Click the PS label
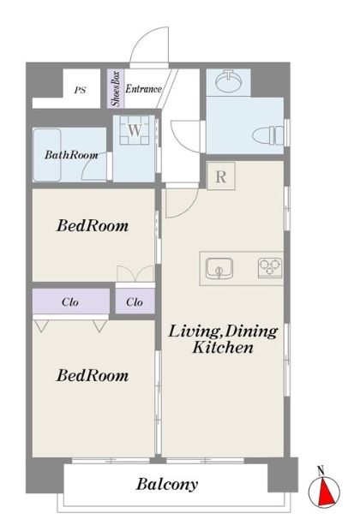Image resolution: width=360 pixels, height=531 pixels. click(81, 91)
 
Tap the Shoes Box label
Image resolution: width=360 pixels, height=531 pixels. click(116, 89)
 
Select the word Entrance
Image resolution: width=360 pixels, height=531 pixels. click(143, 89)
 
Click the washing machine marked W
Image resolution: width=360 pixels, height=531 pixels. click(135, 130)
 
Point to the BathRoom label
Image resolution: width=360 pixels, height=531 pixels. click(71, 155)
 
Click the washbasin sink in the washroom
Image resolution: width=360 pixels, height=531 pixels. click(229, 81)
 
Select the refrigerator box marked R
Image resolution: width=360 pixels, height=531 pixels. click(221, 176)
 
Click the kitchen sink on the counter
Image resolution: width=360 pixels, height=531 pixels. click(219, 268)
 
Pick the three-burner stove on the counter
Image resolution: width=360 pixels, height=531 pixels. click(270, 268)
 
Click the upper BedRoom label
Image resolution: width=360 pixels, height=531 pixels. click(93, 226)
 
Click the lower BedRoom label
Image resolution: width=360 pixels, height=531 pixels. click(93, 376)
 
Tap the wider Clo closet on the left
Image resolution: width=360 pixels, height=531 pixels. click(71, 301)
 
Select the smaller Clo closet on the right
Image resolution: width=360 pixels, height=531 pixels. click(135, 301)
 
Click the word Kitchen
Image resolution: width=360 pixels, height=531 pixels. click(223, 348)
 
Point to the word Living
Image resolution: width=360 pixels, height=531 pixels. click(195, 332)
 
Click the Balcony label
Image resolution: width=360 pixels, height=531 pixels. click(167, 484)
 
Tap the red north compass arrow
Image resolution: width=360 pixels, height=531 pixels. click(326, 491)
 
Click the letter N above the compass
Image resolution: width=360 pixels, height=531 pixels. click(321, 470)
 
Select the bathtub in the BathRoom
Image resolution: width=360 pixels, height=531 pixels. click(47, 154)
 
